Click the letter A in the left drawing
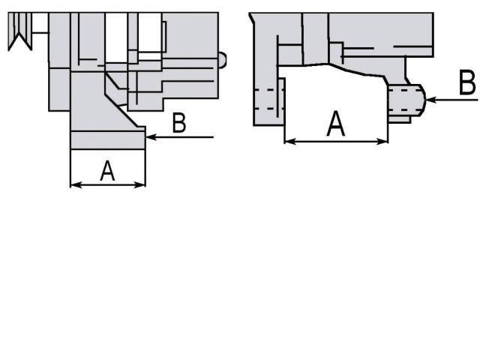[x=107, y=172]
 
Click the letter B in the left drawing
[x=178, y=124]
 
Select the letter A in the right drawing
[x=337, y=124]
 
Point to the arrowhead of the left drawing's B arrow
[x=149, y=136]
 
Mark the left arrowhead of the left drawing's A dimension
[x=73, y=184]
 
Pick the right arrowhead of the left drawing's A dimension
[x=141, y=184]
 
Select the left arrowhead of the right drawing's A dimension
[x=289, y=140]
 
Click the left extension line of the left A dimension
[x=70, y=169]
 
